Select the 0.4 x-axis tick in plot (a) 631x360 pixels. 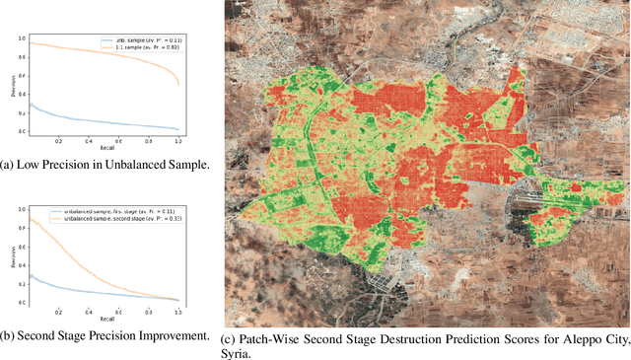click(89, 140)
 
